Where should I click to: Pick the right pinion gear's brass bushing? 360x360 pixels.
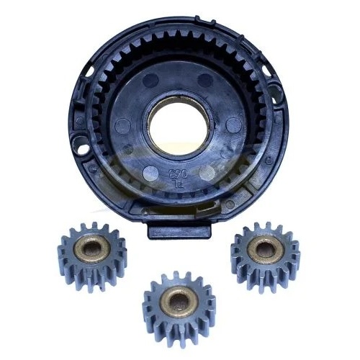264,248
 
